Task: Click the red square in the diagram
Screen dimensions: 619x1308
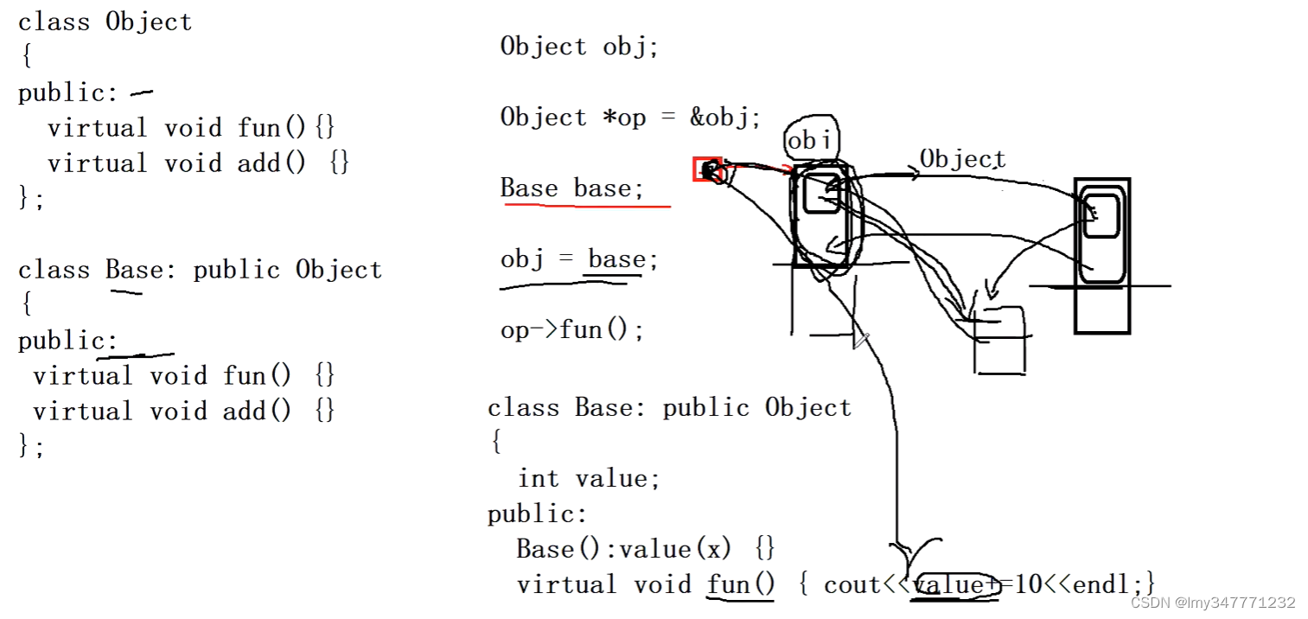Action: [706, 169]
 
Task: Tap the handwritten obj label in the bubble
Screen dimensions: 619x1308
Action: [811, 140]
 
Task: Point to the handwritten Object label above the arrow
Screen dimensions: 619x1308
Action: [962, 159]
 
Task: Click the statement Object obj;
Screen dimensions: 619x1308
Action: [579, 47]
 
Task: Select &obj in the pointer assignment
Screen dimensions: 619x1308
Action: [724, 118]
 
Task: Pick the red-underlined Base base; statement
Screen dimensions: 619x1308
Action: [572, 188]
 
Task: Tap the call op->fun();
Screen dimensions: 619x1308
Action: [571, 330]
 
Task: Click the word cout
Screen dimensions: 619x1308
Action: [852, 585]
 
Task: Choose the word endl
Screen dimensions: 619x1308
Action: [1108, 585]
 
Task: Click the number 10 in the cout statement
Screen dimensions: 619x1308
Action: [1028, 585]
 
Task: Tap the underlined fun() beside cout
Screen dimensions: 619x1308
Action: [741, 585]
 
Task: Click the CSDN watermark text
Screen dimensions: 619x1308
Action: [1213, 603]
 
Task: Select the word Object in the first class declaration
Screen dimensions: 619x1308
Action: [148, 22]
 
